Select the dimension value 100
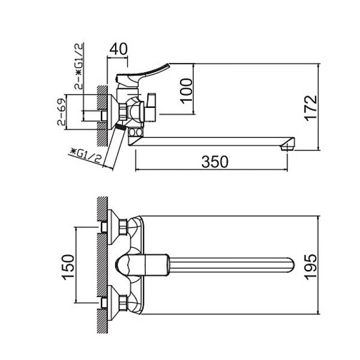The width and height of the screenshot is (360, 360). (187, 89)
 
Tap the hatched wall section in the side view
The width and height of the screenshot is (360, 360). (103, 108)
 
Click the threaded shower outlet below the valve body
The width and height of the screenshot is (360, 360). (121, 127)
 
